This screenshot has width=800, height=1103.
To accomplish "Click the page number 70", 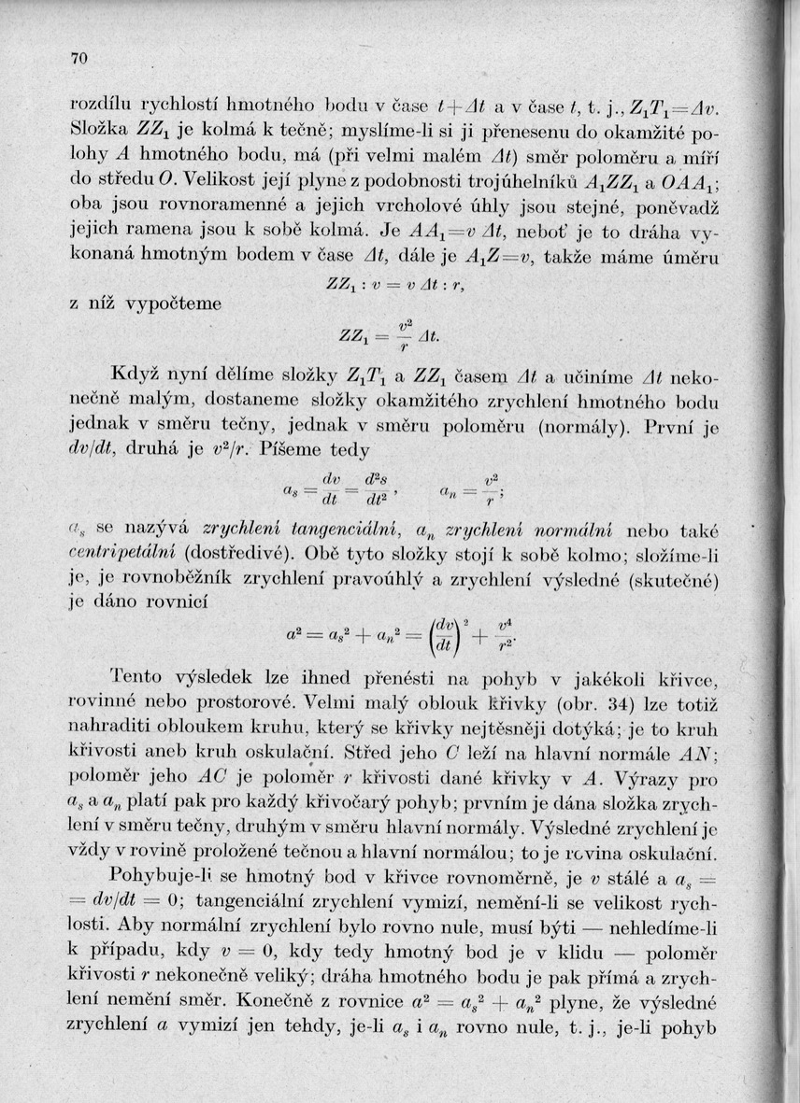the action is click(x=78, y=59).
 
